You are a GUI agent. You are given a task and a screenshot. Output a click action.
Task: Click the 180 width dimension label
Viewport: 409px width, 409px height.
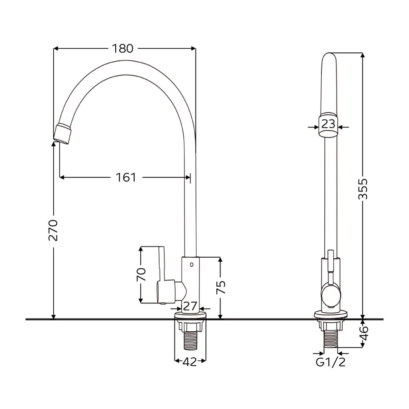point(123,49)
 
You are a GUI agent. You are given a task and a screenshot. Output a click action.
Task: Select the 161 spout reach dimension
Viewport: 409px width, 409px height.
point(126,178)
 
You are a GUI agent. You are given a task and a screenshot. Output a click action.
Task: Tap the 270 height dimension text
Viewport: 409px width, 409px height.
point(53,230)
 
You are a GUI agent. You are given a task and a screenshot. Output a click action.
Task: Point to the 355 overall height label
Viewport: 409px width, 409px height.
point(362,189)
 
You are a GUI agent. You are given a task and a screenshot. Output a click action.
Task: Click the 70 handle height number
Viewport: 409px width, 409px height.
point(141,275)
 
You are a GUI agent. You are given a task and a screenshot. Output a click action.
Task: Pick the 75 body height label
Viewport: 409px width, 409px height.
point(221,288)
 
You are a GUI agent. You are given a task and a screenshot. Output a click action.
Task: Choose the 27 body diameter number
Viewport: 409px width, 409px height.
point(190,306)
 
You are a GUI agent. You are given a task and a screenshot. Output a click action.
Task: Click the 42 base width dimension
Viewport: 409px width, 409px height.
point(190,362)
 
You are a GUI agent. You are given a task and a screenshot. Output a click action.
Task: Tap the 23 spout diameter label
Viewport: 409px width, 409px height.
point(328,124)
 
